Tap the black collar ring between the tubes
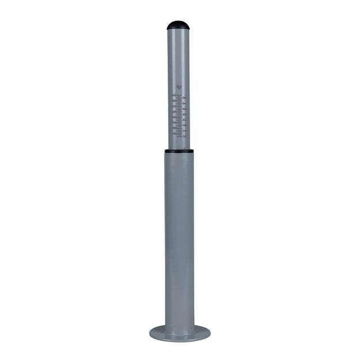[179, 151]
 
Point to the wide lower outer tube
[179, 236]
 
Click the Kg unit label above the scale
[179, 87]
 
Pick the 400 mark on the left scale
[174, 96]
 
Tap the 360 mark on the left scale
[174, 101]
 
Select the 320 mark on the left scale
[174, 106]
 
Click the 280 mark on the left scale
[174, 111]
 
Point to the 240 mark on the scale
[174, 117]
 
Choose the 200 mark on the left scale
[174, 123]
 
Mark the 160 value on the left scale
[174, 128]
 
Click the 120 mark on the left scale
[174, 133]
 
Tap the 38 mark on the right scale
[184, 98]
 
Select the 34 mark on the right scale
[184, 104]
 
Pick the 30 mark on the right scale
[184, 109]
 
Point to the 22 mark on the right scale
[184, 120]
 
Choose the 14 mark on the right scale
[184, 131]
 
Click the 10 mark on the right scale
[184, 136]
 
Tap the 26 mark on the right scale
[184, 115]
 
